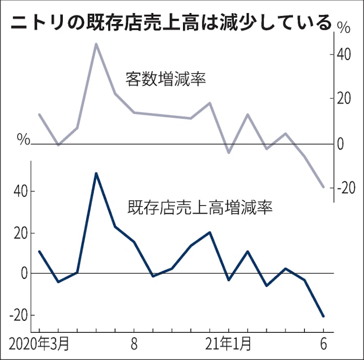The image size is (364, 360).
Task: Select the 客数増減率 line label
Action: pos(166,79)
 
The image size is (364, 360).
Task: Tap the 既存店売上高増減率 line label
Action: pos(200,209)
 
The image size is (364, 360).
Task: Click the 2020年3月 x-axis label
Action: pos(37,345)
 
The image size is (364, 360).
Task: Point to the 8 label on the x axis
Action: pos(134,345)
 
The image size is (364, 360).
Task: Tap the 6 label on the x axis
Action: pos(323,345)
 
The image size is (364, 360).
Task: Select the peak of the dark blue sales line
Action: pos(96,173)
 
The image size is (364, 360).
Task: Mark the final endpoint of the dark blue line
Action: pos(324,316)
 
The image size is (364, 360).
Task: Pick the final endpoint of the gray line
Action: pos(324,187)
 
